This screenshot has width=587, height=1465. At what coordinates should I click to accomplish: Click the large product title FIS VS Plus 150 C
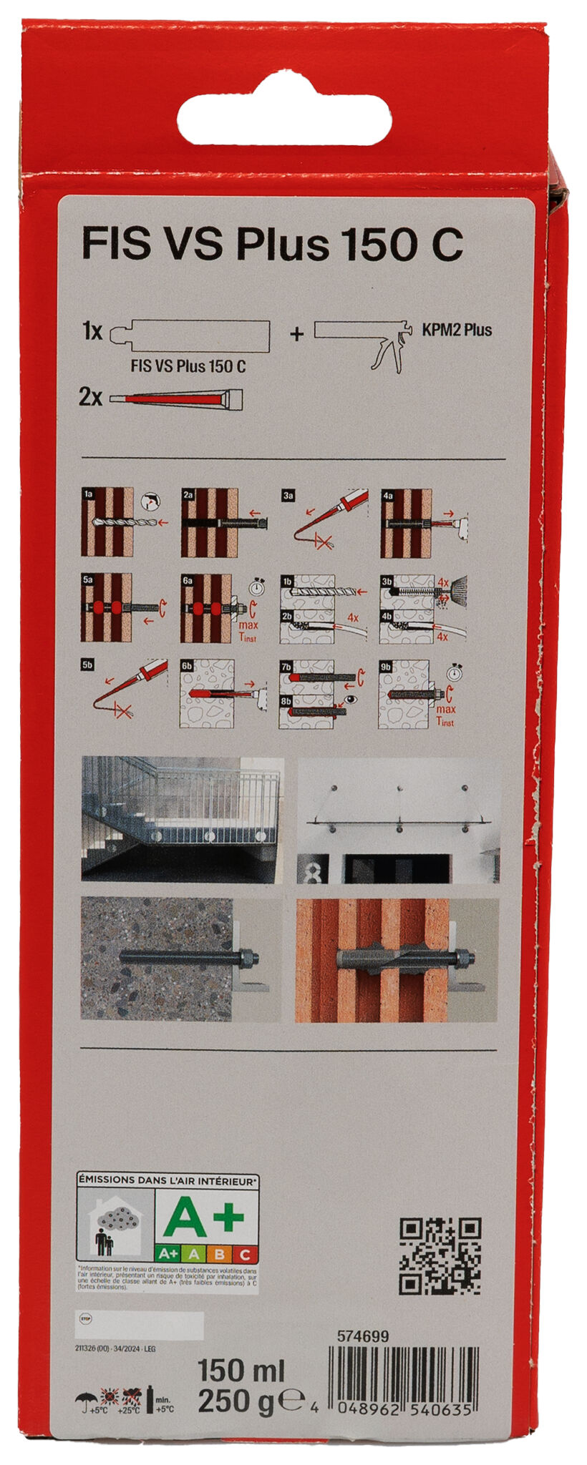coord(272,245)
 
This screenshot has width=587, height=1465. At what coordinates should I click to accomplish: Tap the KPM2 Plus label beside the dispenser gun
coord(457,330)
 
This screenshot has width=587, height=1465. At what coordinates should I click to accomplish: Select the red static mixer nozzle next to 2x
coord(175,398)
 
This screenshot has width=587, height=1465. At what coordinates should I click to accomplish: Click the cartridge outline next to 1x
coord(191,335)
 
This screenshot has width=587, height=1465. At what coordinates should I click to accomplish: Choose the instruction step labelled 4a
coord(422,523)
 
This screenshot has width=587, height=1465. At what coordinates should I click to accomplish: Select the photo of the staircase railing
coord(182,818)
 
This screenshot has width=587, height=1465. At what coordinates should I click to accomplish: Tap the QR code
coord(440,1256)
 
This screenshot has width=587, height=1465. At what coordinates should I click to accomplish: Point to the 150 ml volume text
coord(241,1371)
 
